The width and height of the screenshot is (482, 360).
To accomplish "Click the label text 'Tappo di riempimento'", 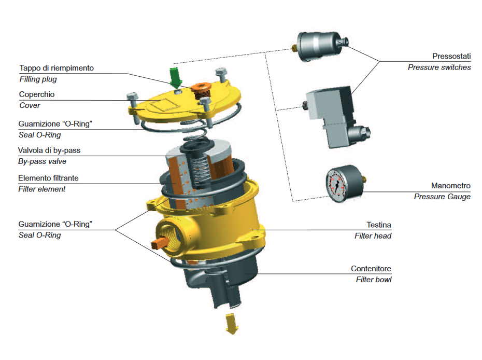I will tap(56, 68).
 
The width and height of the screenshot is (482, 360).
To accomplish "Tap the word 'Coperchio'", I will tap(37, 94).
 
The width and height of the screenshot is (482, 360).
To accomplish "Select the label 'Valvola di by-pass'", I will tap(50, 150).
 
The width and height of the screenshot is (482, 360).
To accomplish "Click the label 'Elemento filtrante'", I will tap(49, 178).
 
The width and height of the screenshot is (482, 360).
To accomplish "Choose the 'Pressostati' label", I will tap(451, 56).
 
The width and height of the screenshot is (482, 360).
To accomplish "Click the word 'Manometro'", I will tap(450, 186).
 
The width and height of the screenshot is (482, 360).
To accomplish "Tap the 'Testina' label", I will tap(378, 225).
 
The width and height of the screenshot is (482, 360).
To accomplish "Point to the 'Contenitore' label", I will tap(371, 269).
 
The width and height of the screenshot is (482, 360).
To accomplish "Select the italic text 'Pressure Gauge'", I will tap(442, 197).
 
